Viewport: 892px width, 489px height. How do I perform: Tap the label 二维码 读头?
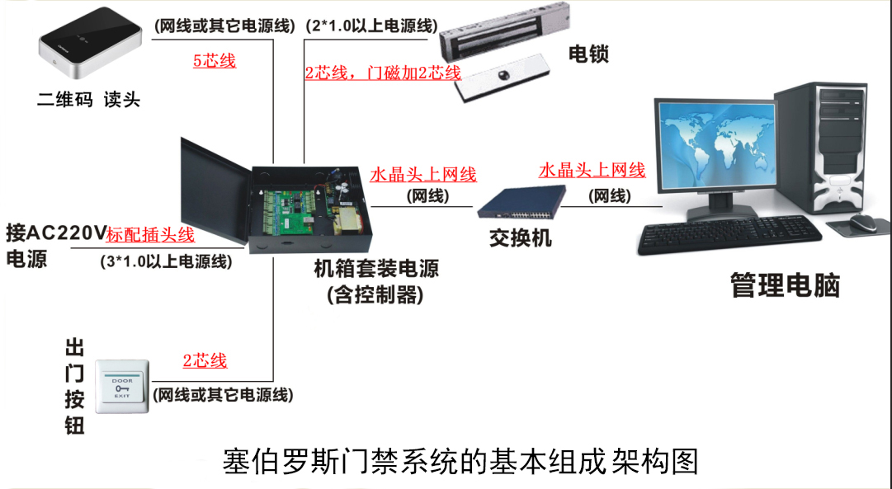click(89, 100)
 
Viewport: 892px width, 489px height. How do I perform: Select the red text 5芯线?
click(215, 60)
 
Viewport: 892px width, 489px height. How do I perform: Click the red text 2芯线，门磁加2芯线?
click(383, 73)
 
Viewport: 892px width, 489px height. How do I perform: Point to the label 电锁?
click(588, 54)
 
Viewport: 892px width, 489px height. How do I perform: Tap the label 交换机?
click(520, 238)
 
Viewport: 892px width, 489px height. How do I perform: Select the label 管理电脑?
click(784, 285)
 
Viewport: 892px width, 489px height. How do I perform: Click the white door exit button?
click(123, 386)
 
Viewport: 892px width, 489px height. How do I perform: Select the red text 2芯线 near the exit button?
click(205, 361)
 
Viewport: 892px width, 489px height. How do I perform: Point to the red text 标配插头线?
click(151, 234)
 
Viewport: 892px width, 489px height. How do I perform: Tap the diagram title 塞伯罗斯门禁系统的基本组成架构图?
click(460, 460)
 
